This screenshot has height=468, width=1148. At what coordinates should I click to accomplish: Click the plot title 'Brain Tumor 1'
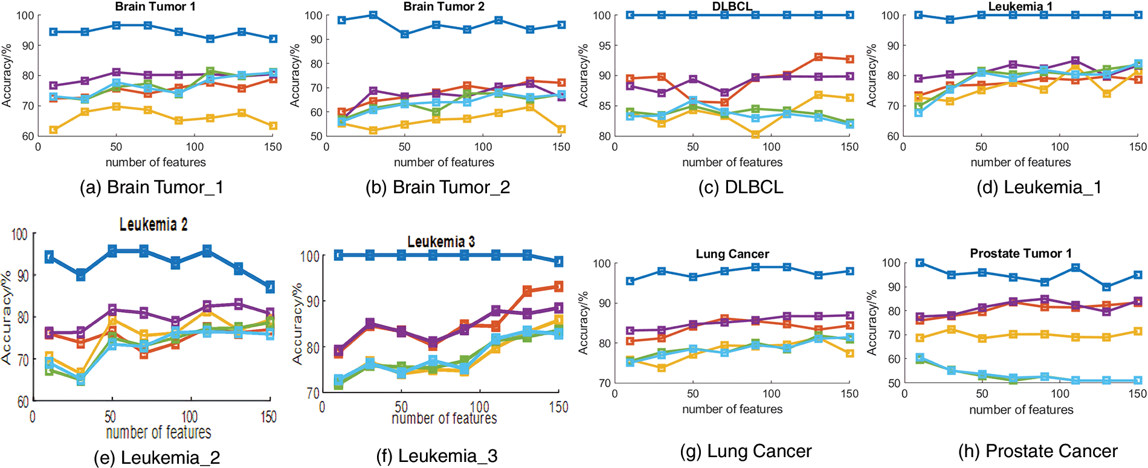coord(155,7)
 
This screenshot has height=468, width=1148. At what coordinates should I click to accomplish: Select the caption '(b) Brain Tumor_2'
coord(437,187)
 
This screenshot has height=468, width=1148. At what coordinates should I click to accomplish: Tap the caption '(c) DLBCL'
coord(741,187)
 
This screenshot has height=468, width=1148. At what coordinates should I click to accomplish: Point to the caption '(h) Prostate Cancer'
coord(1037,451)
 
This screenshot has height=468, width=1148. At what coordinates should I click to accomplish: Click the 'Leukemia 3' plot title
coord(441,242)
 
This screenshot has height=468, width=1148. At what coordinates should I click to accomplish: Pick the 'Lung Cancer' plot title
coord(732,254)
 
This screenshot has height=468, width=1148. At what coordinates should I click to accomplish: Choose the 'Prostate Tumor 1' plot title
coord(1021,253)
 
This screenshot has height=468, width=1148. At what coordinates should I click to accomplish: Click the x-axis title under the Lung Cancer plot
coord(732,409)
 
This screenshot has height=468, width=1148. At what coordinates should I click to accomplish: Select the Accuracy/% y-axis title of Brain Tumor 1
coord(7,75)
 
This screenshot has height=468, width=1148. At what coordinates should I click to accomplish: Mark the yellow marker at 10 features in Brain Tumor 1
coord(54,130)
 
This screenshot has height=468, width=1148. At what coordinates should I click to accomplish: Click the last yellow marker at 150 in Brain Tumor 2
coord(561,129)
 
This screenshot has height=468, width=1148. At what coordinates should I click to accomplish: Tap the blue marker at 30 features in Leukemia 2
coord(80,275)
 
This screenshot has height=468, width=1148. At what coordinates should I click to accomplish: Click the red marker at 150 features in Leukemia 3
coord(558,286)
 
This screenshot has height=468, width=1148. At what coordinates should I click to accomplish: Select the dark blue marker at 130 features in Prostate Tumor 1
coord(1106,287)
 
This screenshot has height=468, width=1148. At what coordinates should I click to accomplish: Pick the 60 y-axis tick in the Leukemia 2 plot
coord(23,402)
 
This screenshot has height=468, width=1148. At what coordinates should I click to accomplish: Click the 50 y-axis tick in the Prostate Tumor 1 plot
coord(894,383)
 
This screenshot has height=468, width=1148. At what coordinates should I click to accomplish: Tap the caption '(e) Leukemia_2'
coord(156,458)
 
